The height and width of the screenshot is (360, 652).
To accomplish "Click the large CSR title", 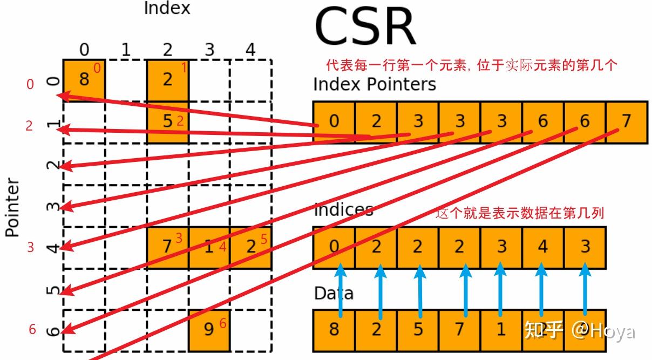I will [x=365, y=27].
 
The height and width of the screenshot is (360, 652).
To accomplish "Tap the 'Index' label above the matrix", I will [x=167, y=8].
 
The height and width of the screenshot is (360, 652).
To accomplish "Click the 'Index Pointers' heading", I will [x=375, y=84].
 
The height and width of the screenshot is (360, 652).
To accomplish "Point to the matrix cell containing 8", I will [x=84, y=80].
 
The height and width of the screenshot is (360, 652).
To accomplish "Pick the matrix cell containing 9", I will [x=209, y=329].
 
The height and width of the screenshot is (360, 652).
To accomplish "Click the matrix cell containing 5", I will [x=168, y=121].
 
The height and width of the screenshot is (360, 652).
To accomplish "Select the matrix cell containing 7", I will [x=168, y=247].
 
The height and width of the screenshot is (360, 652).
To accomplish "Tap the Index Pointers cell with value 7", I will [x=626, y=121].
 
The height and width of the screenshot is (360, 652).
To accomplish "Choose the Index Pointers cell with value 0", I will [x=334, y=121].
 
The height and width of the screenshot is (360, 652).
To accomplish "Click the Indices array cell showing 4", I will [x=542, y=247].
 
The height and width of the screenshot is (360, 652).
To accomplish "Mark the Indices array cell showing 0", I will [x=334, y=247].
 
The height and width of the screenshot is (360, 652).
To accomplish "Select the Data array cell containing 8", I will [x=334, y=329].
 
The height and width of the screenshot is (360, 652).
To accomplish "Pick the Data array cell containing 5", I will [x=418, y=329].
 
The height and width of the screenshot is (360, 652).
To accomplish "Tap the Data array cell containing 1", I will [x=501, y=329].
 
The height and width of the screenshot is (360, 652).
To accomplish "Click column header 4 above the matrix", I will [x=250, y=50].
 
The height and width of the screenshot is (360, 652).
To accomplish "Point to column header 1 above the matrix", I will [x=126, y=50].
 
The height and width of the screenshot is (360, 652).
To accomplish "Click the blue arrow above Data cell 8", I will [x=340, y=289].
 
